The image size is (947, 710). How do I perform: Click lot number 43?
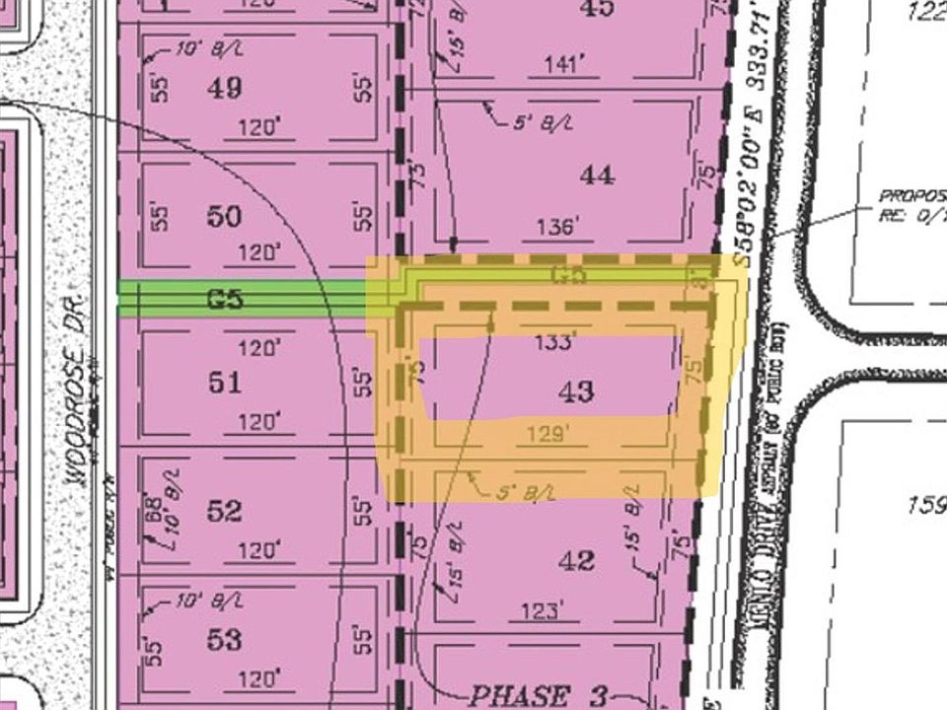576,392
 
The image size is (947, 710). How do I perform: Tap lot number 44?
598,176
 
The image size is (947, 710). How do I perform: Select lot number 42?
576,561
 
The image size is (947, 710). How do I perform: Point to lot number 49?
225,88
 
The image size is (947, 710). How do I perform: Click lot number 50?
225,217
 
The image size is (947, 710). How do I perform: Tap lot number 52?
225,511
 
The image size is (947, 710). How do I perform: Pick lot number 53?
225,640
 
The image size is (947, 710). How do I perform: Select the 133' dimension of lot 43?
553,343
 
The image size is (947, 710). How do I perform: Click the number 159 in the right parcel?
925,505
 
